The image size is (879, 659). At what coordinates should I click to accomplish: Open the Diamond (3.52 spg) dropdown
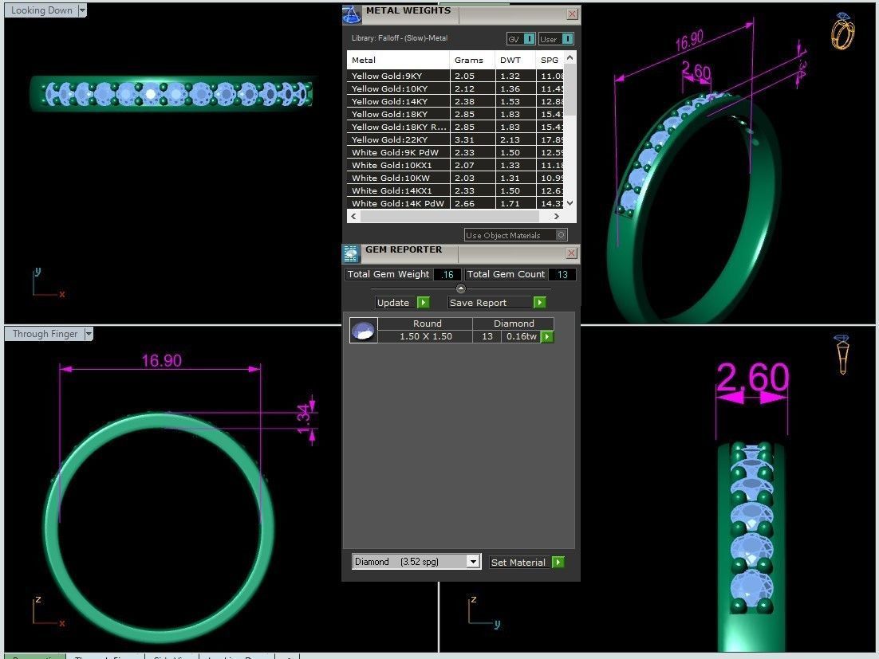pyautogui.click(x=472, y=562)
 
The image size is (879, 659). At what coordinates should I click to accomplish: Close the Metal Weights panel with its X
pyautogui.click(x=572, y=14)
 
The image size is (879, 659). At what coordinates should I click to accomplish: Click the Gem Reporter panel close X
pyautogui.click(x=572, y=253)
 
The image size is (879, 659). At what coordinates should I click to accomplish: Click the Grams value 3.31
pyautogui.click(x=464, y=139)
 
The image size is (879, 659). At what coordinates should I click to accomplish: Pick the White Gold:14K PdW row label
pyautogui.click(x=398, y=203)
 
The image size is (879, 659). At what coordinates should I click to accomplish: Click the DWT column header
pyautogui.click(x=510, y=60)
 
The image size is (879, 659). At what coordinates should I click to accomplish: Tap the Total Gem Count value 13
pyautogui.click(x=562, y=274)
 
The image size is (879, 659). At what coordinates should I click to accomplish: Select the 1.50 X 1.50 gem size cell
pyautogui.click(x=426, y=336)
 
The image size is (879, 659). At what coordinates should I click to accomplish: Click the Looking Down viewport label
pyautogui.click(x=42, y=10)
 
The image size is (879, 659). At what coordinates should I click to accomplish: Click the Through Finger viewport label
pyautogui.click(x=45, y=334)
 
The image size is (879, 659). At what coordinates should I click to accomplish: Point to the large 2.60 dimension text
pyautogui.click(x=752, y=378)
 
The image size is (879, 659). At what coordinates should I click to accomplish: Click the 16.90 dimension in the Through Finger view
pyautogui.click(x=161, y=361)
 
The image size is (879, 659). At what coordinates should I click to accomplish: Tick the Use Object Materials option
pyautogui.click(x=561, y=235)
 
